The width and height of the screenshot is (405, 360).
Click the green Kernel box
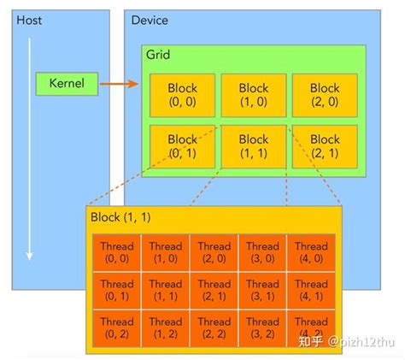coord(66,84)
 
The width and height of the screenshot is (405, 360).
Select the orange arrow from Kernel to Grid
coord(120,84)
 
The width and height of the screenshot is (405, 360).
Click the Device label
coord(150,20)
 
